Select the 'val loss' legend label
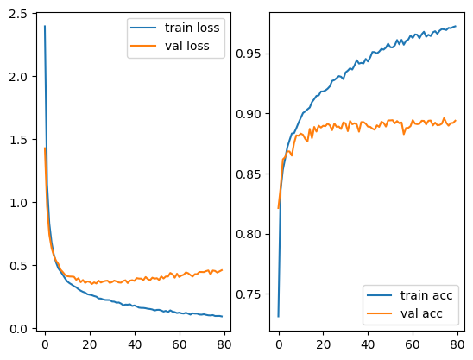[x=187, y=45]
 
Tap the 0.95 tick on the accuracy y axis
[x=249, y=54]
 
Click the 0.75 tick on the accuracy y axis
[x=249, y=294]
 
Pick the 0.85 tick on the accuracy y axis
[x=249, y=174]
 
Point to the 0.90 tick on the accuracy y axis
[x=249, y=114]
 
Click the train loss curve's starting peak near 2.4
[x=44, y=26]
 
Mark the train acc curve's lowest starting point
[x=278, y=316]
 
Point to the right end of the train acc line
[x=456, y=26]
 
